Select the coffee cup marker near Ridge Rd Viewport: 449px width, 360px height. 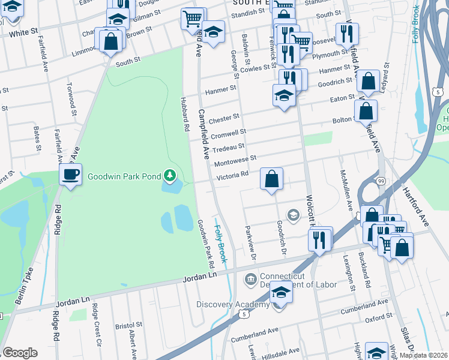tap(71, 175)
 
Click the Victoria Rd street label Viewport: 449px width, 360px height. tap(232, 175)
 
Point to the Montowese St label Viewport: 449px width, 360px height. tap(235, 159)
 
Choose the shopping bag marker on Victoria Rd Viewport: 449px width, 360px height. tap(271, 178)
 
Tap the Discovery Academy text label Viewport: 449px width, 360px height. tap(233, 305)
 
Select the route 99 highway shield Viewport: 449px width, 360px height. tap(381, 181)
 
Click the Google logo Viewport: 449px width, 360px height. tap(20, 353)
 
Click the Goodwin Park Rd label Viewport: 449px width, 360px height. tap(205, 242)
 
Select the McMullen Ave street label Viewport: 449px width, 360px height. tap(346, 189)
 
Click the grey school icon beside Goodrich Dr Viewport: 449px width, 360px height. tap(294, 215)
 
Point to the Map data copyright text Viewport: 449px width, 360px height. tap(423, 355)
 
